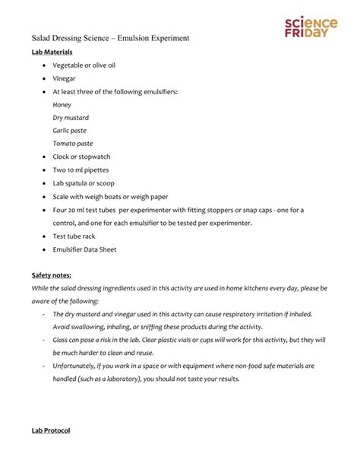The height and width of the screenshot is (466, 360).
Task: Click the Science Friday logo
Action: tap(311, 27)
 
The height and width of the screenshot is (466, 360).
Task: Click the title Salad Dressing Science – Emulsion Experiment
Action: tap(110, 37)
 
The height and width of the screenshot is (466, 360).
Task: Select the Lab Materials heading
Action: tap(52, 52)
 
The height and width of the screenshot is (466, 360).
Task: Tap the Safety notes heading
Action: tap(52, 274)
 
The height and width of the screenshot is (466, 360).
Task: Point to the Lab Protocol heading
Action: tap(50, 430)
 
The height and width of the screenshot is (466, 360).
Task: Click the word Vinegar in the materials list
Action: tap(64, 78)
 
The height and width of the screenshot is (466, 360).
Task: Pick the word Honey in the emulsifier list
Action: tap(62, 105)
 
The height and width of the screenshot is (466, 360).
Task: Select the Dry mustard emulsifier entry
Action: tap(71, 118)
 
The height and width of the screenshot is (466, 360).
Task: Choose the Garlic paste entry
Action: tap(70, 131)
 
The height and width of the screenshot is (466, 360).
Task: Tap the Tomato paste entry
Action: tap(72, 144)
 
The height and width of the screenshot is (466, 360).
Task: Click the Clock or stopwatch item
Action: tap(81, 157)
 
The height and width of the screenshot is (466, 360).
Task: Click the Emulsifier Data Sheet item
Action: tap(84, 249)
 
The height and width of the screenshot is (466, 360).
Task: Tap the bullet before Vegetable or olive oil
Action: tap(44, 65)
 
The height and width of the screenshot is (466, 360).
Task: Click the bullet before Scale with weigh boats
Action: tap(44, 197)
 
